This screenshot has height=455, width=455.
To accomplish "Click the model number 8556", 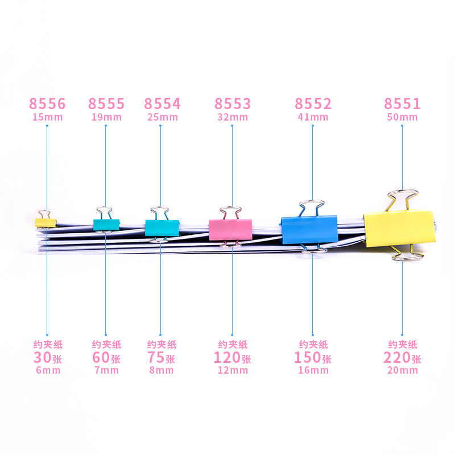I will point(47,104).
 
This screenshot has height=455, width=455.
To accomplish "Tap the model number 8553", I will point(232,104).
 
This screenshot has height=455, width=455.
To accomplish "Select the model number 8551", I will point(402,104).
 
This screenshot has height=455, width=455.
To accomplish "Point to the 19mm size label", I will point(106,118).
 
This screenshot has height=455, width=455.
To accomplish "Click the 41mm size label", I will point(312,118).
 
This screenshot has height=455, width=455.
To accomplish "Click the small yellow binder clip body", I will point(45,222).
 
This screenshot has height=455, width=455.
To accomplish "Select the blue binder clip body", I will point(309,230).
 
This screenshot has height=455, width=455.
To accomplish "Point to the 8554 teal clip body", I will point(162,227).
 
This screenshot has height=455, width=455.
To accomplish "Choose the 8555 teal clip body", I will point(106,225).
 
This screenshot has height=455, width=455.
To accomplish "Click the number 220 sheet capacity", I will point(398,358).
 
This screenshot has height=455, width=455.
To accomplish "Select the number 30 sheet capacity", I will point(42,358).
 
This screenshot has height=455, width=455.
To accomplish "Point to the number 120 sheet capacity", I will point(227,358).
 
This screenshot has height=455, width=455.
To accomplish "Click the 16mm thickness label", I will point(312,371).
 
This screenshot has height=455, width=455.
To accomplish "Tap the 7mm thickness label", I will point(106,371).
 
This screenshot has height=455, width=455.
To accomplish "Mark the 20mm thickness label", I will point(402,371).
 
